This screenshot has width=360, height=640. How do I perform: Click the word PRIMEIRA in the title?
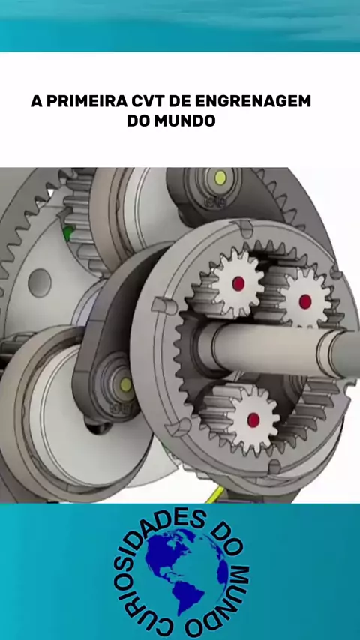pyautogui.click(x=86, y=101)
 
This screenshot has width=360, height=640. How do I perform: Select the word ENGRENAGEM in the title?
pyautogui.click(x=253, y=101)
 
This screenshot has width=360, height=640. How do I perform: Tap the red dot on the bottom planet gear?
pyautogui.click(x=253, y=419)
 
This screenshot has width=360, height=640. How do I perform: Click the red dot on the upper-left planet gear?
pyautogui.click(x=238, y=283)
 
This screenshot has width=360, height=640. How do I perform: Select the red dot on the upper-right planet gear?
pyautogui.click(x=305, y=301)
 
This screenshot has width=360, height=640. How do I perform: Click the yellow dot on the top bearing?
pyautogui.click(x=220, y=177)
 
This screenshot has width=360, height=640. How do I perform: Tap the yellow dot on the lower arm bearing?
pyautogui.click(x=126, y=384)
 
